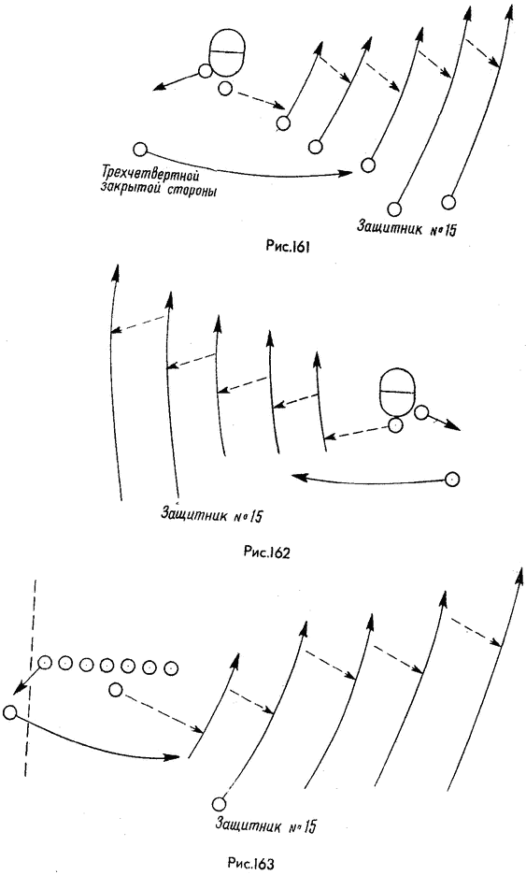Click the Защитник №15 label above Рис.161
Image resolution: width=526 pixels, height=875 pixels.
click(x=407, y=228)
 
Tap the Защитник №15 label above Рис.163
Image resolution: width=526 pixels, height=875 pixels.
click(x=265, y=825)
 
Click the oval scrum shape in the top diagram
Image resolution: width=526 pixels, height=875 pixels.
click(x=226, y=52)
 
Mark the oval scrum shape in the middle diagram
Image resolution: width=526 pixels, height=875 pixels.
click(x=396, y=392)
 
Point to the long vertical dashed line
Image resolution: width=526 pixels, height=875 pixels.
click(x=31, y=678)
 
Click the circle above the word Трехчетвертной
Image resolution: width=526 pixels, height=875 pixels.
click(x=140, y=150)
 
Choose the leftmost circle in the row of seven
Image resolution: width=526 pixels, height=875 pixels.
click(x=45, y=663)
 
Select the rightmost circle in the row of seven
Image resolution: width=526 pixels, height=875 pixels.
click(x=172, y=667)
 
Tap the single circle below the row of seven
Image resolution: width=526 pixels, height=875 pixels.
click(x=116, y=690)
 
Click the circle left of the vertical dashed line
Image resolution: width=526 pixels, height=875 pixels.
click(x=9, y=712)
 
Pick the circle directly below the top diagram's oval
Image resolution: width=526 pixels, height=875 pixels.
click(x=225, y=88)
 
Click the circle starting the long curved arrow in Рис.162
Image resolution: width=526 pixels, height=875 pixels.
click(x=452, y=479)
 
